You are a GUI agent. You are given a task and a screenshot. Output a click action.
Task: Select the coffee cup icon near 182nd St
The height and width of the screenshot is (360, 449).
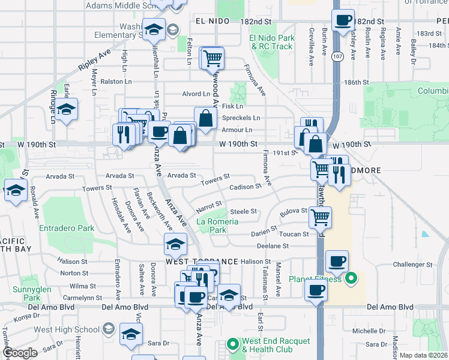pyautogui.click(x=343, y=20)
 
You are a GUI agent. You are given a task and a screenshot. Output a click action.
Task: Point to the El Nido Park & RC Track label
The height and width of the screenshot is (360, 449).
pyautogui.click(x=271, y=42)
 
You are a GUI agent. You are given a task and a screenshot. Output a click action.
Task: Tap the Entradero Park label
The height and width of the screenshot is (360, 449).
pyautogui.click(x=67, y=228)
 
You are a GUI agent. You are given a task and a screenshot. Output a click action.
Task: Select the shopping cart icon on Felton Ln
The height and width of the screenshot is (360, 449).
pyautogui.click(x=211, y=58)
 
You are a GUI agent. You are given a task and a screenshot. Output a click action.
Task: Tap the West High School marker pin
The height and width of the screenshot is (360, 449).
pyautogui.click(x=108, y=329)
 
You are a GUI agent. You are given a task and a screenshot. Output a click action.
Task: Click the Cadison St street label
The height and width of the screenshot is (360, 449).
pyautogui.click(x=246, y=186)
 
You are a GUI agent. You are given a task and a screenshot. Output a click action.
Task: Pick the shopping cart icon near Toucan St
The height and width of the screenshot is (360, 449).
pyautogui.click(x=320, y=218)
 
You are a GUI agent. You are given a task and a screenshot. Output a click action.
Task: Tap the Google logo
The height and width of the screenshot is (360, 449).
pyautogui.click(x=19, y=353)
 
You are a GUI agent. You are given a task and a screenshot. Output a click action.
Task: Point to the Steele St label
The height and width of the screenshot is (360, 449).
pyautogui.click(x=244, y=211)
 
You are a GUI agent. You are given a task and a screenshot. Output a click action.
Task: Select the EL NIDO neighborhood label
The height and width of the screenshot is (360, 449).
pyautogui.click(x=213, y=21)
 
